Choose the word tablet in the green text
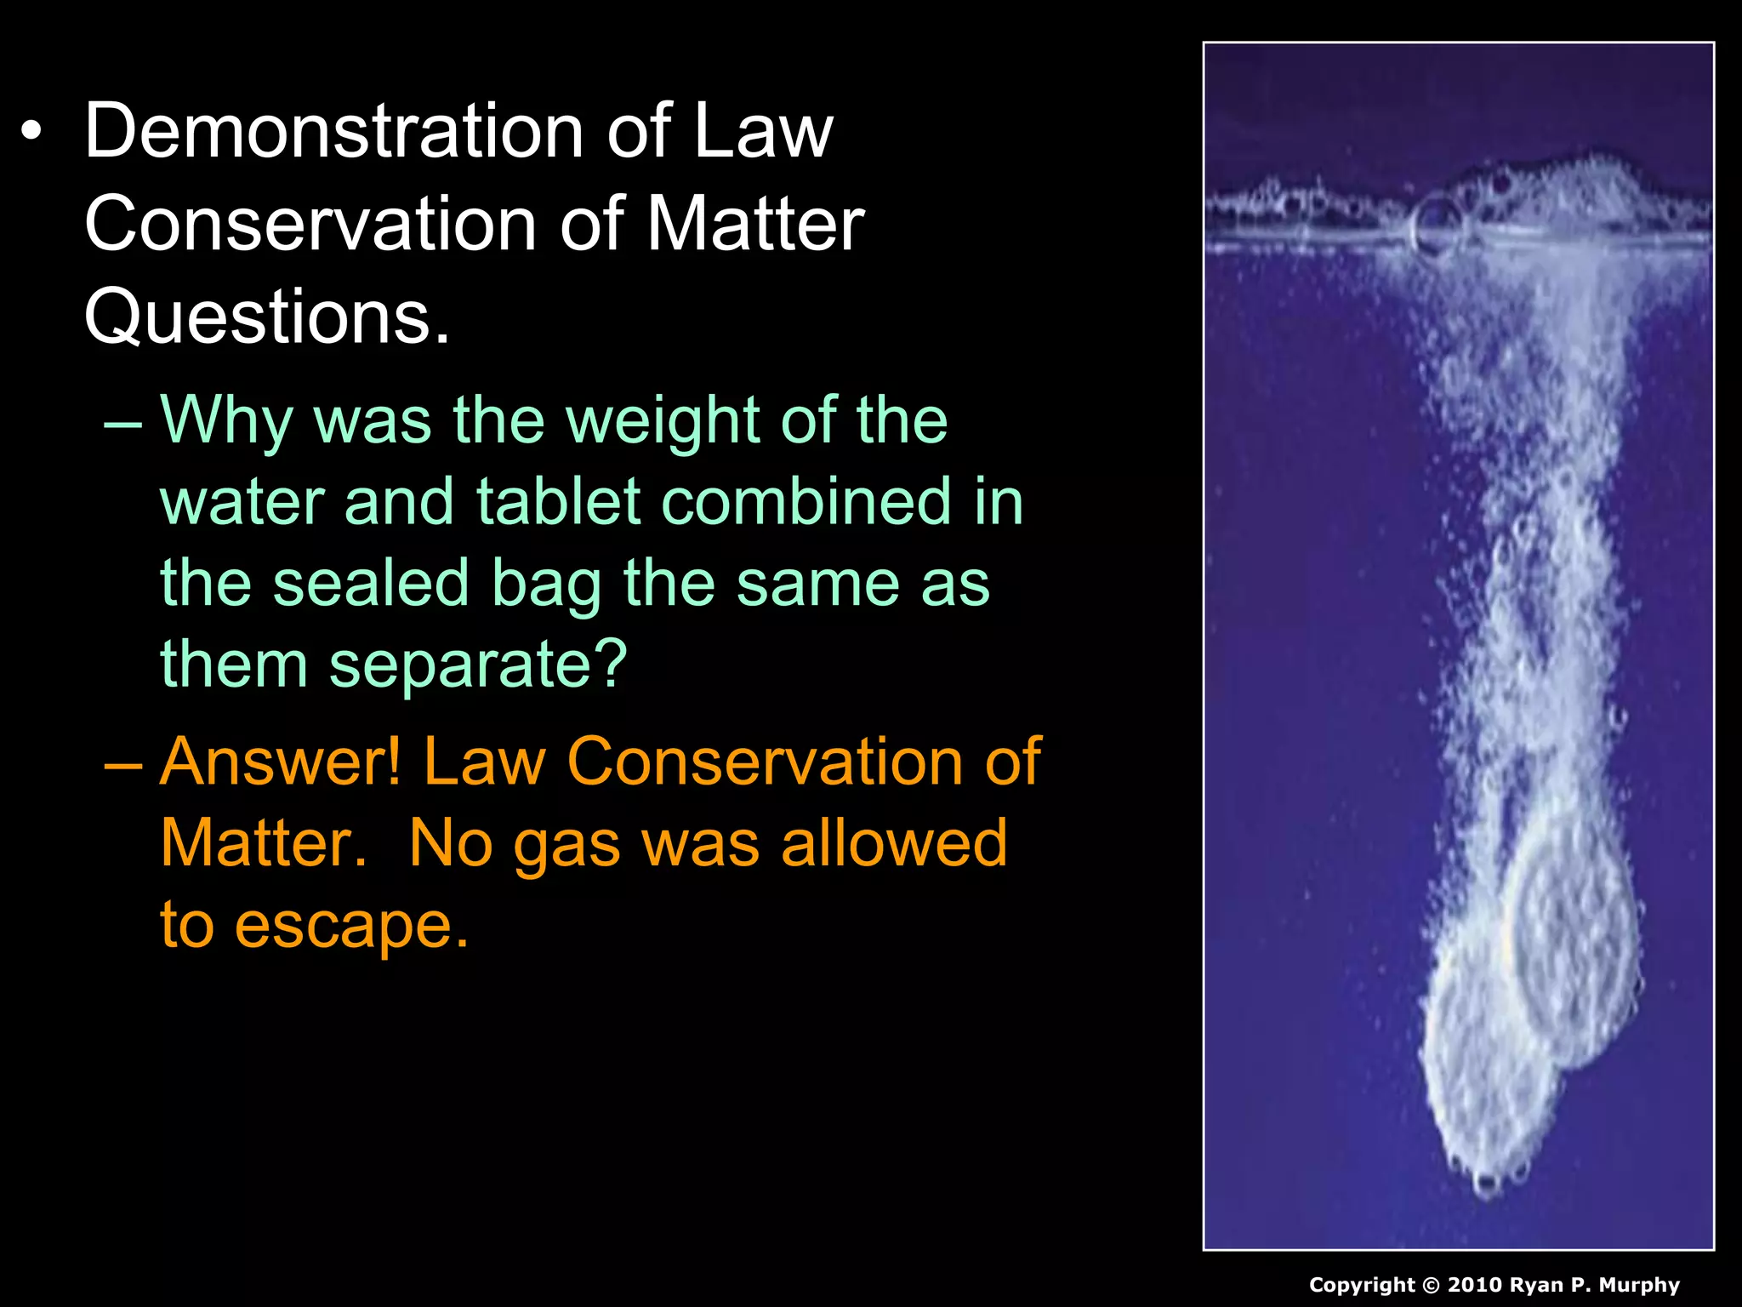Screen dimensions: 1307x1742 (x=558, y=501)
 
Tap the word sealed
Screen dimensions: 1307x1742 (x=371, y=583)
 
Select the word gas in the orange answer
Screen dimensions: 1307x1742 (x=566, y=843)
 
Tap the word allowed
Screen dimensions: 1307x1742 (x=894, y=843)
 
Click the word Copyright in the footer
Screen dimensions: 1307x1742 (x=1361, y=1285)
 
